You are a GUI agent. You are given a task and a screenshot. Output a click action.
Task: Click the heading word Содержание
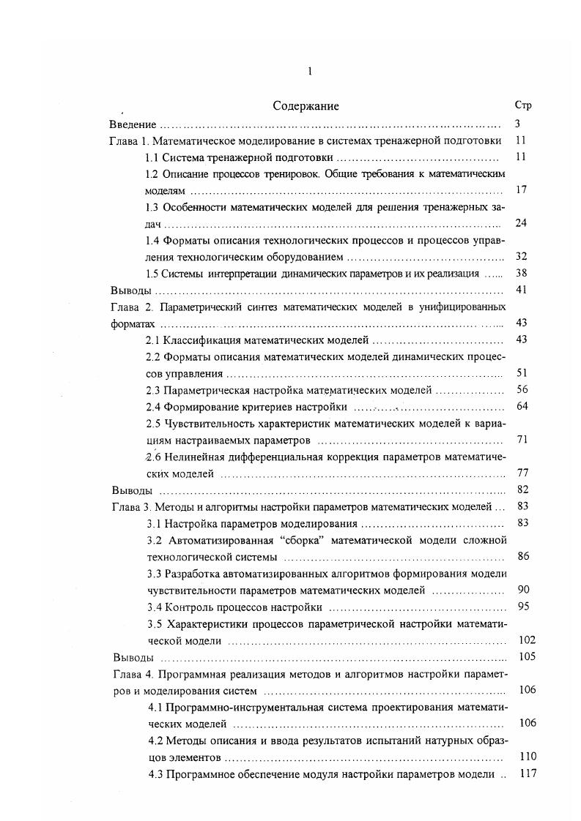(x=306, y=106)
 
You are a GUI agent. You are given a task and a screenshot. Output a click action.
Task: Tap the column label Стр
(x=523, y=105)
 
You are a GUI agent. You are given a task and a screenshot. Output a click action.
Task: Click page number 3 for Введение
(x=517, y=124)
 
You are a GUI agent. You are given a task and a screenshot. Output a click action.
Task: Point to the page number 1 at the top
(x=311, y=71)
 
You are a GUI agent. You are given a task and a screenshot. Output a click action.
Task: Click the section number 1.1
(x=152, y=157)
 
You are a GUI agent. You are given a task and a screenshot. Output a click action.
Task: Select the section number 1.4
(x=152, y=240)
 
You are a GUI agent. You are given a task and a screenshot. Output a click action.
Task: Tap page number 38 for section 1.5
(x=521, y=273)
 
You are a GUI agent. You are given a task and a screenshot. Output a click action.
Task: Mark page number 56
(x=522, y=389)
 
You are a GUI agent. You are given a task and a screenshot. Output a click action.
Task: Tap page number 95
(x=522, y=606)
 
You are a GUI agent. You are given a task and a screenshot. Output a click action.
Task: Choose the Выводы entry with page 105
(x=131, y=656)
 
